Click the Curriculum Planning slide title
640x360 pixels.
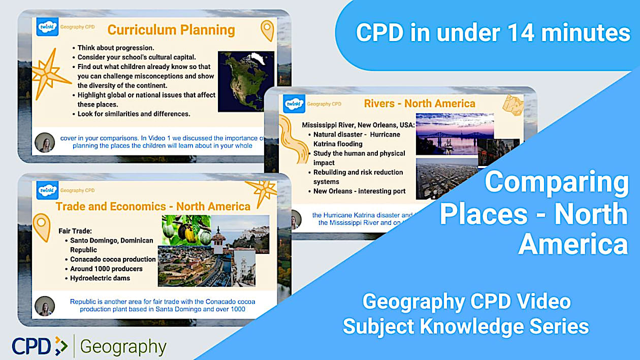click(171, 30)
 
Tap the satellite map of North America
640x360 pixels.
click(246, 81)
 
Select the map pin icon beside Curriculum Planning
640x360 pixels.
click(267, 30)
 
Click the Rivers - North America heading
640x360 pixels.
click(420, 104)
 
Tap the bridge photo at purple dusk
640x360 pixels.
click(455, 134)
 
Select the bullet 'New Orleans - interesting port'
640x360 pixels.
click(359, 191)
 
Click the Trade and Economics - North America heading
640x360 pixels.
click(153, 206)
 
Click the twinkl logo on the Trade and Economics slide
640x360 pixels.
click(48, 191)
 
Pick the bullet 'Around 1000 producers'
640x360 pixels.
click(106, 269)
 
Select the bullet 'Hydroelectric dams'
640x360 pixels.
click(100, 278)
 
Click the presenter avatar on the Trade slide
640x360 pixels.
click(45, 306)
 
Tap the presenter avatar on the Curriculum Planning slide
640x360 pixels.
click(45, 142)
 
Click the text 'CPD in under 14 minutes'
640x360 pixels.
click(493, 33)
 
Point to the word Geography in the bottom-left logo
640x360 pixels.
click(123, 347)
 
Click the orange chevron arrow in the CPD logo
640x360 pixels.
click(61, 346)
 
